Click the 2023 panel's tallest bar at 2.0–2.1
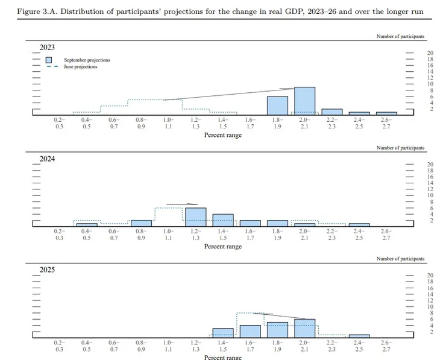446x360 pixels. pyautogui.click(x=305, y=101)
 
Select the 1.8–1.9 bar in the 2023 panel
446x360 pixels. pyautogui.click(x=277, y=106)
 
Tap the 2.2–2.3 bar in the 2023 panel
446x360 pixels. pyautogui.click(x=332, y=112)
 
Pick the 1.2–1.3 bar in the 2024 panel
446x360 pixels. pyautogui.click(x=195, y=216)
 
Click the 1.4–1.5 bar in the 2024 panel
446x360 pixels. pyautogui.click(x=223, y=220)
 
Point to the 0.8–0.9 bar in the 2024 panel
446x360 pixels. pyautogui.click(x=141, y=223)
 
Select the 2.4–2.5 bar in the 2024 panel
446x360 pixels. pyautogui.click(x=359, y=224)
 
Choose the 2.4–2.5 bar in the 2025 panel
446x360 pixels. pyautogui.click(x=359, y=336)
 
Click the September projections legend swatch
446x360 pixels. pyautogui.click(x=49, y=60)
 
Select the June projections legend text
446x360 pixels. pyautogui.click(x=81, y=67)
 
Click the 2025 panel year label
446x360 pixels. pyautogui.click(x=47, y=270)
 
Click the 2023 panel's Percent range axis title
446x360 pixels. pyautogui.click(x=223, y=135)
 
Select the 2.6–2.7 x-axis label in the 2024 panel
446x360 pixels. pyautogui.click(x=386, y=235)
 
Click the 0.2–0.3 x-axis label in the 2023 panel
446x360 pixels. pyautogui.click(x=59, y=124)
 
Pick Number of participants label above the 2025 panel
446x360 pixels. pyautogui.click(x=400, y=259)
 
